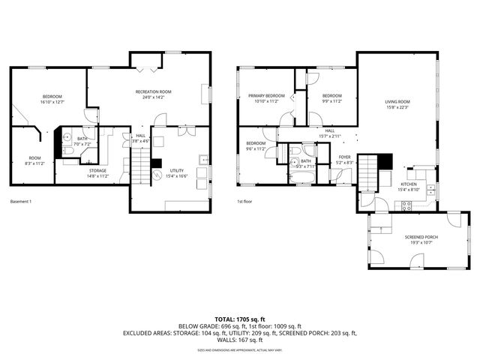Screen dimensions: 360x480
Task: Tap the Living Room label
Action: (x=397, y=103)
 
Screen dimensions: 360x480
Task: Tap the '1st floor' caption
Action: (x=244, y=201)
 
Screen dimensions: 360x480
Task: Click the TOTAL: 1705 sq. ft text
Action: (x=239, y=318)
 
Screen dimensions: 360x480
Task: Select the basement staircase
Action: (x=141, y=164)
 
